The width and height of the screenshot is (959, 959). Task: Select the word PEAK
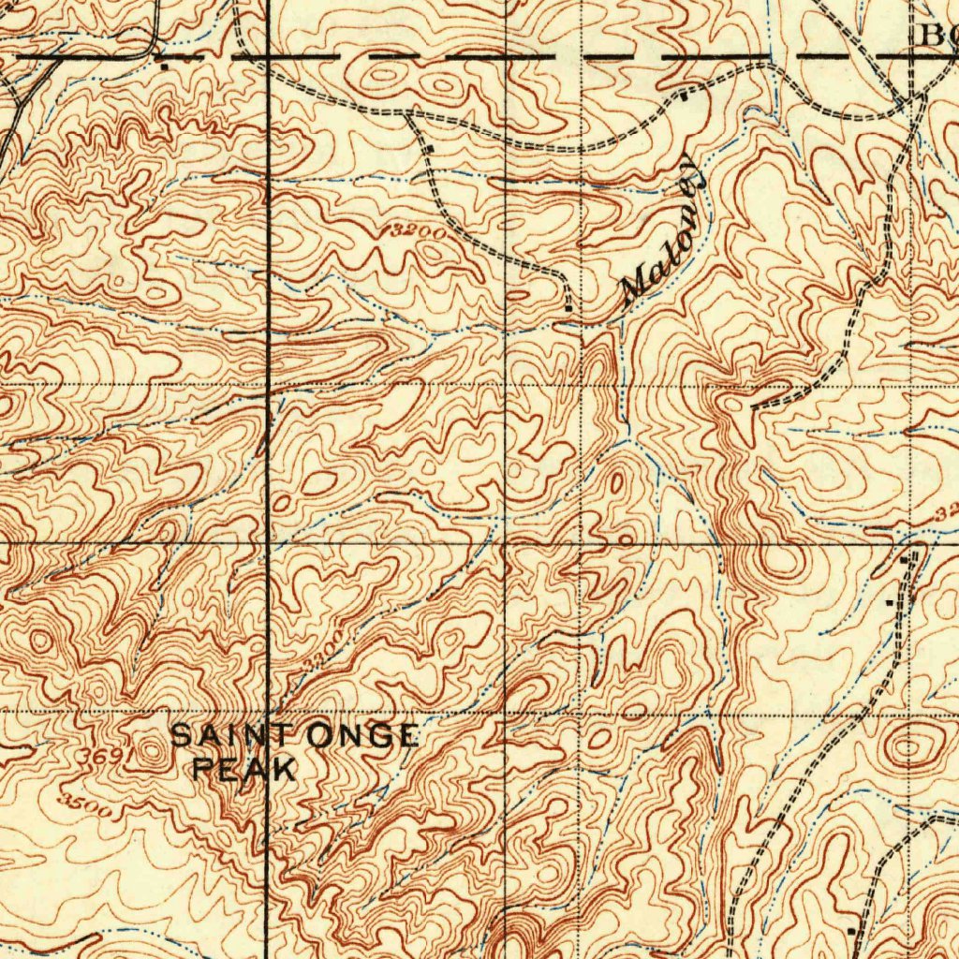click(243, 770)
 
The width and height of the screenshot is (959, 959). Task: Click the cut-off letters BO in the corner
click(938, 36)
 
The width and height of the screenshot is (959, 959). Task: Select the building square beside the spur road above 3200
click(430, 149)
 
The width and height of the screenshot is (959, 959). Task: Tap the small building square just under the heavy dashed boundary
click(165, 67)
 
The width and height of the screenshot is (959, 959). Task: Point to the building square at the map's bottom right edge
click(850, 931)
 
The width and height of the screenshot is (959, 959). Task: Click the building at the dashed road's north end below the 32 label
click(905, 559)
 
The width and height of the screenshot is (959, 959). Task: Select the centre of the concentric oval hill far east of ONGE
click(907, 747)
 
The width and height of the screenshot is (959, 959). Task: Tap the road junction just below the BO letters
click(913, 97)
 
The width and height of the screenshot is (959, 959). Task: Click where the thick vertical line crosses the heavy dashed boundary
click(268, 57)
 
